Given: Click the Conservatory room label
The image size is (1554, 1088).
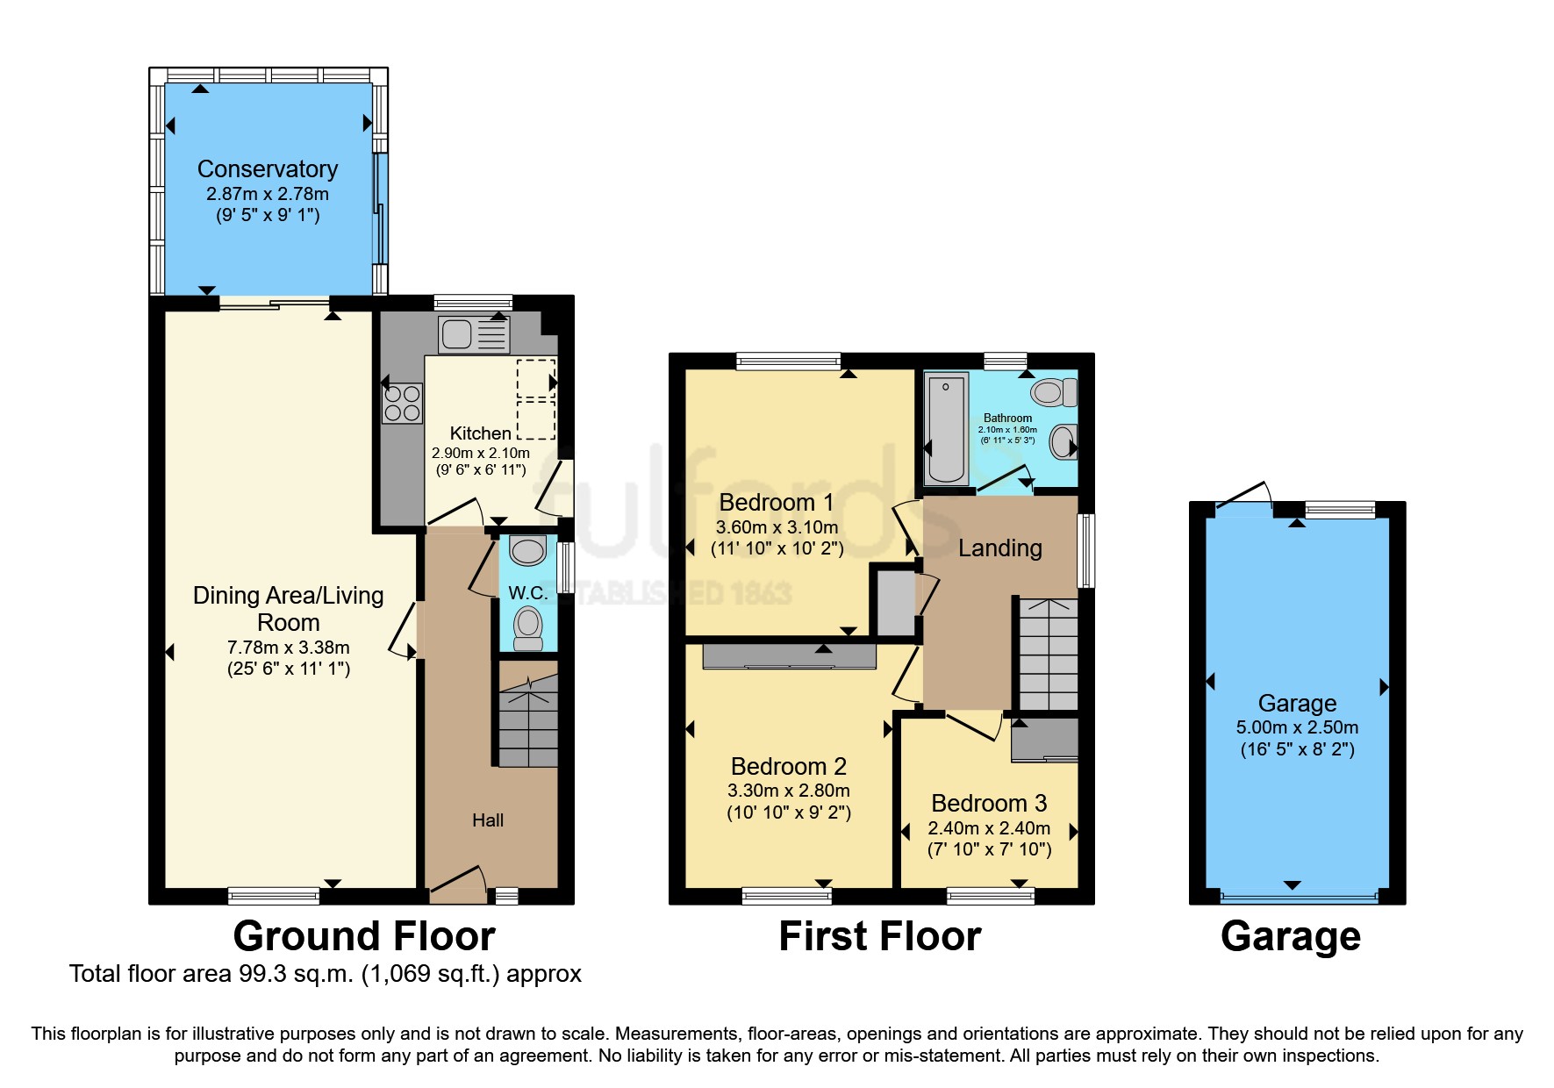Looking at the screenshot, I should point(268,168).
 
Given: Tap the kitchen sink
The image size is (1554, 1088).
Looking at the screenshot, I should point(474,334).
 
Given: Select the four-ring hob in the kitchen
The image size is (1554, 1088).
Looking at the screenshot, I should point(402,404).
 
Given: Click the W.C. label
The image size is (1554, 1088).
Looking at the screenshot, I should point(527,593).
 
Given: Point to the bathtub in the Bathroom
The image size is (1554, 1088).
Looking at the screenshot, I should point(947,428).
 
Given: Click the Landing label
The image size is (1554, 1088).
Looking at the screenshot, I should point(999,548).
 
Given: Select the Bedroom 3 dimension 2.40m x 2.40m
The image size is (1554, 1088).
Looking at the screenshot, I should point(989,828).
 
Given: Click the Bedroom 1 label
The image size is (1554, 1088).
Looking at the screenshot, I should point(776,503).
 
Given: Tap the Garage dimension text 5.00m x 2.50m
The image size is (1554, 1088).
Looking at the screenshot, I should point(1297,727).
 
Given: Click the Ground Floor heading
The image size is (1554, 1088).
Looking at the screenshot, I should point(364,936).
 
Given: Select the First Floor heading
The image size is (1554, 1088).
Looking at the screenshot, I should point(880,936).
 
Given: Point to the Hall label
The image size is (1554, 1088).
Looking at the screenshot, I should point(488,820).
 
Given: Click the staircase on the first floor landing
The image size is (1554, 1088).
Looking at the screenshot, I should point(1048,655).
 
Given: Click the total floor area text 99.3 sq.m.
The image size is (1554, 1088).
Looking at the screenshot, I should point(325,974).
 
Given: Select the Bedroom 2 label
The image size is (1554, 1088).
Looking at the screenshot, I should point(788,767).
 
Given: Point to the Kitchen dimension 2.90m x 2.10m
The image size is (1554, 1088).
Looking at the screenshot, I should point(481,454).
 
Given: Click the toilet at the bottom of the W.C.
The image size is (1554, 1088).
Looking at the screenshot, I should point(527,627).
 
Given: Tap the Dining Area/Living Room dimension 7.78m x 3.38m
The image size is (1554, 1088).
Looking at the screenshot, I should point(288,648).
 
